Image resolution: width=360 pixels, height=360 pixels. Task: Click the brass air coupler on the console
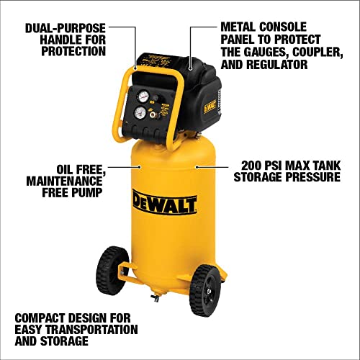154,113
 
